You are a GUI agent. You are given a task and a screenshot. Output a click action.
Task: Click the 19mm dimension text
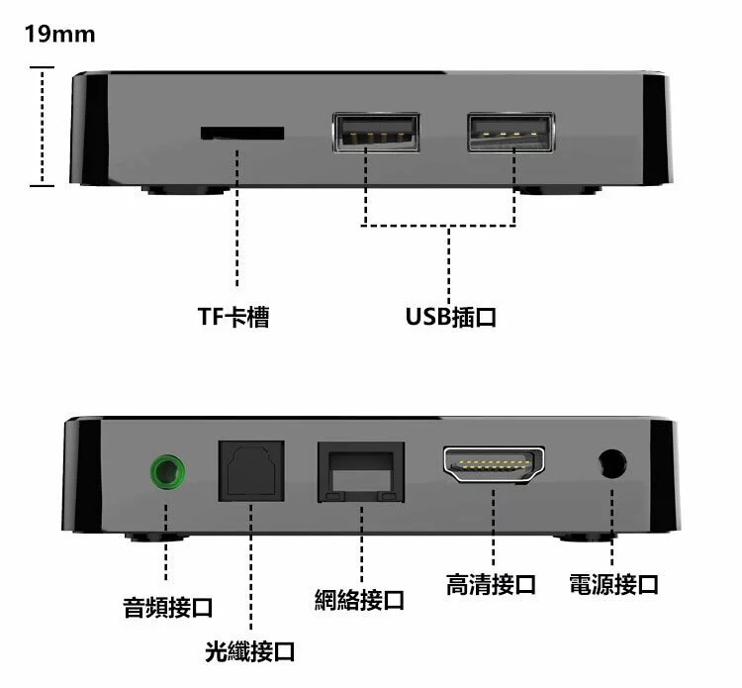(x=59, y=34)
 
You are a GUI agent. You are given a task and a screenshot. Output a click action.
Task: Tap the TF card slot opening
(x=242, y=133)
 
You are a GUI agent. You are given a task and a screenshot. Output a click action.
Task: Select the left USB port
(x=376, y=132)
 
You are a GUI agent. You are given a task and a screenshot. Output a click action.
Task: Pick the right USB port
(x=511, y=132)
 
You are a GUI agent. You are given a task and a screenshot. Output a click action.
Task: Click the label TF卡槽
(x=233, y=317)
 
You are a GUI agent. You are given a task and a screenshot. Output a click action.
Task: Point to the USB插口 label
(x=451, y=317)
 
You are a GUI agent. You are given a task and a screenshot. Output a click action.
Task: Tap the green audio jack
(x=167, y=472)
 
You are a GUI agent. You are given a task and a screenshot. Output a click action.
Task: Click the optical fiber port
(x=251, y=471)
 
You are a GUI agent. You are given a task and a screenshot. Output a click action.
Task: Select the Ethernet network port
(x=361, y=472)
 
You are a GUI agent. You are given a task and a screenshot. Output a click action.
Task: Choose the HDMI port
(x=494, y=464)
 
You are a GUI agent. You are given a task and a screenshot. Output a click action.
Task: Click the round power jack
(x=612, y=463)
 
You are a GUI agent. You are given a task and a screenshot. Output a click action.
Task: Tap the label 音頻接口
(x=168, y=608)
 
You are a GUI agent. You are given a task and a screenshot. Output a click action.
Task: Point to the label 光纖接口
(x=250, y=651)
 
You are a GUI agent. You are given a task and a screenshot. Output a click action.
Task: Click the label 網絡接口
(x=359, y=600)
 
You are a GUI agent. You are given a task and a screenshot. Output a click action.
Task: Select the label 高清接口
(x=491, y=584)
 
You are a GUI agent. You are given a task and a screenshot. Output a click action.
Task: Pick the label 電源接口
(x=613, y=584)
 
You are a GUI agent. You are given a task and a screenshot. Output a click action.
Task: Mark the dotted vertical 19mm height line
(x=43, y=127)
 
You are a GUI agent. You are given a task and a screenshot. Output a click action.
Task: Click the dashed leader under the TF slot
(x=237, y=218)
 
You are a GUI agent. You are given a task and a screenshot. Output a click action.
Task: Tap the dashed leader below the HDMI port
(x=493, y=527)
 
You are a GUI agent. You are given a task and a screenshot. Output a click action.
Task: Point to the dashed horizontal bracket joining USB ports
(x=439, y=225)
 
